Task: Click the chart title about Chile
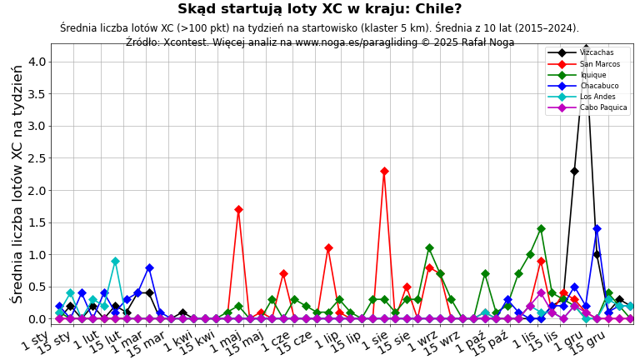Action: (319, 9)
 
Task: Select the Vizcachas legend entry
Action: (597, 53)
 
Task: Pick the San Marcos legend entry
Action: (599, 64)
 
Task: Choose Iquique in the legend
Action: (594, 75)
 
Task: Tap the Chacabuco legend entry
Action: (598, 86)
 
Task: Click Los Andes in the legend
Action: (597, 97)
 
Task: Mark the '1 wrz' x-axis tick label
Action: (422, 340)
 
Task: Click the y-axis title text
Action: (17, 183)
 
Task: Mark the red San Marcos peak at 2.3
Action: (384, 171)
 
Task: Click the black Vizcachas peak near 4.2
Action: (586, 48)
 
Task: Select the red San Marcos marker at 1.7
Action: (238, 209)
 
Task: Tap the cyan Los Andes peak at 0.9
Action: (115, 261)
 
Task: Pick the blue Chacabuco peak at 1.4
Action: (597, 228)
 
